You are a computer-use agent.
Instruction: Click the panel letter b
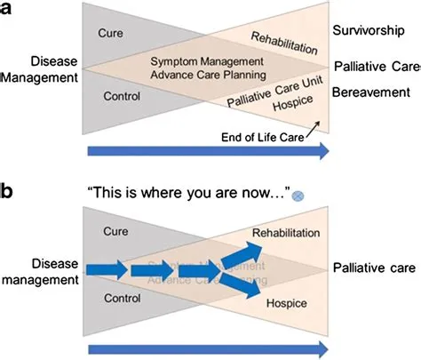click(7, 190)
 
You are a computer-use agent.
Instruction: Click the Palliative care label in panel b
click(373, 268)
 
